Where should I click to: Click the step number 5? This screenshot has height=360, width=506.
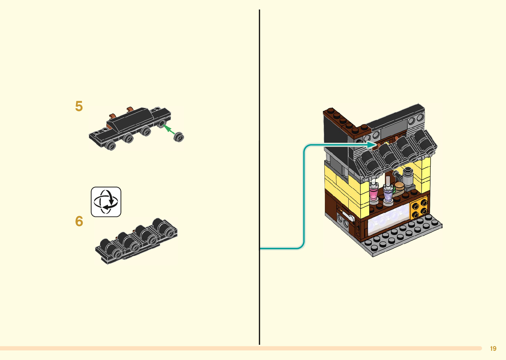click(79, 106)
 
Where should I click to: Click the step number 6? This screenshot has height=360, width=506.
click(79, 221)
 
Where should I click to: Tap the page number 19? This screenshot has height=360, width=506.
click(493, 348)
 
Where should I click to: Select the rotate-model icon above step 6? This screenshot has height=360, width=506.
click(106, 202)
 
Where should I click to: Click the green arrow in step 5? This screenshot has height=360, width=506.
click(169, 129)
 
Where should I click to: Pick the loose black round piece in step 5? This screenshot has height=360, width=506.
click(179, 137)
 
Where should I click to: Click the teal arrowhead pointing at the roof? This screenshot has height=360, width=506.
click(372, 144)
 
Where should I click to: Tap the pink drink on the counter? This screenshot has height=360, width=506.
click(373, 193)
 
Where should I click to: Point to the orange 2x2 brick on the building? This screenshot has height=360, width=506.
click(419, 208)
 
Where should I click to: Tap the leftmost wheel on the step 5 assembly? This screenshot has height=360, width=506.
click(111, 145)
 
